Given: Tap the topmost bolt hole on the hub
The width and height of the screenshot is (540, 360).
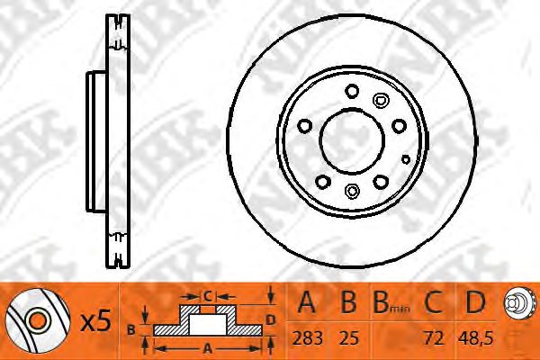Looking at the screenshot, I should pos(351,89).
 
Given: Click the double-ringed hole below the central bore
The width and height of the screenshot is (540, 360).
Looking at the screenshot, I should pos(352,190).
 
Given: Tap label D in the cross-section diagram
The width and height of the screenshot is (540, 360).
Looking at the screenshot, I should pos(271,319).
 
